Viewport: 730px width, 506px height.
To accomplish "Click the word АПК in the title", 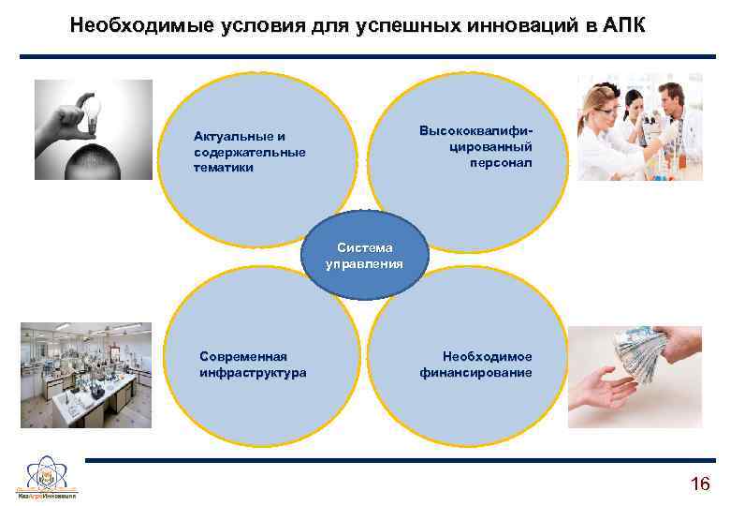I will coord(619,24).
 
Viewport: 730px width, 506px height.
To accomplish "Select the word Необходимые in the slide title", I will coord(141,24).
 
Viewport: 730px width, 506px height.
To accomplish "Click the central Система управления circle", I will coord(365,256).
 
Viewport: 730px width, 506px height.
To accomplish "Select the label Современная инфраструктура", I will coord(253,365).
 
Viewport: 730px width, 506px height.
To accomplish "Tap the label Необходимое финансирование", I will coord(476,365).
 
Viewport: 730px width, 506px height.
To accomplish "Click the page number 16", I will coord(699,484).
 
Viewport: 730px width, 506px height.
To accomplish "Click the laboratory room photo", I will coord(85,375).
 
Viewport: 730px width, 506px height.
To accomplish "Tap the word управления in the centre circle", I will coord(365,263).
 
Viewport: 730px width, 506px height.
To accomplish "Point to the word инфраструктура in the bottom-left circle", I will coord(253,373).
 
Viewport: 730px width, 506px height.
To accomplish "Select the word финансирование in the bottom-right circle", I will coord(476,373).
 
